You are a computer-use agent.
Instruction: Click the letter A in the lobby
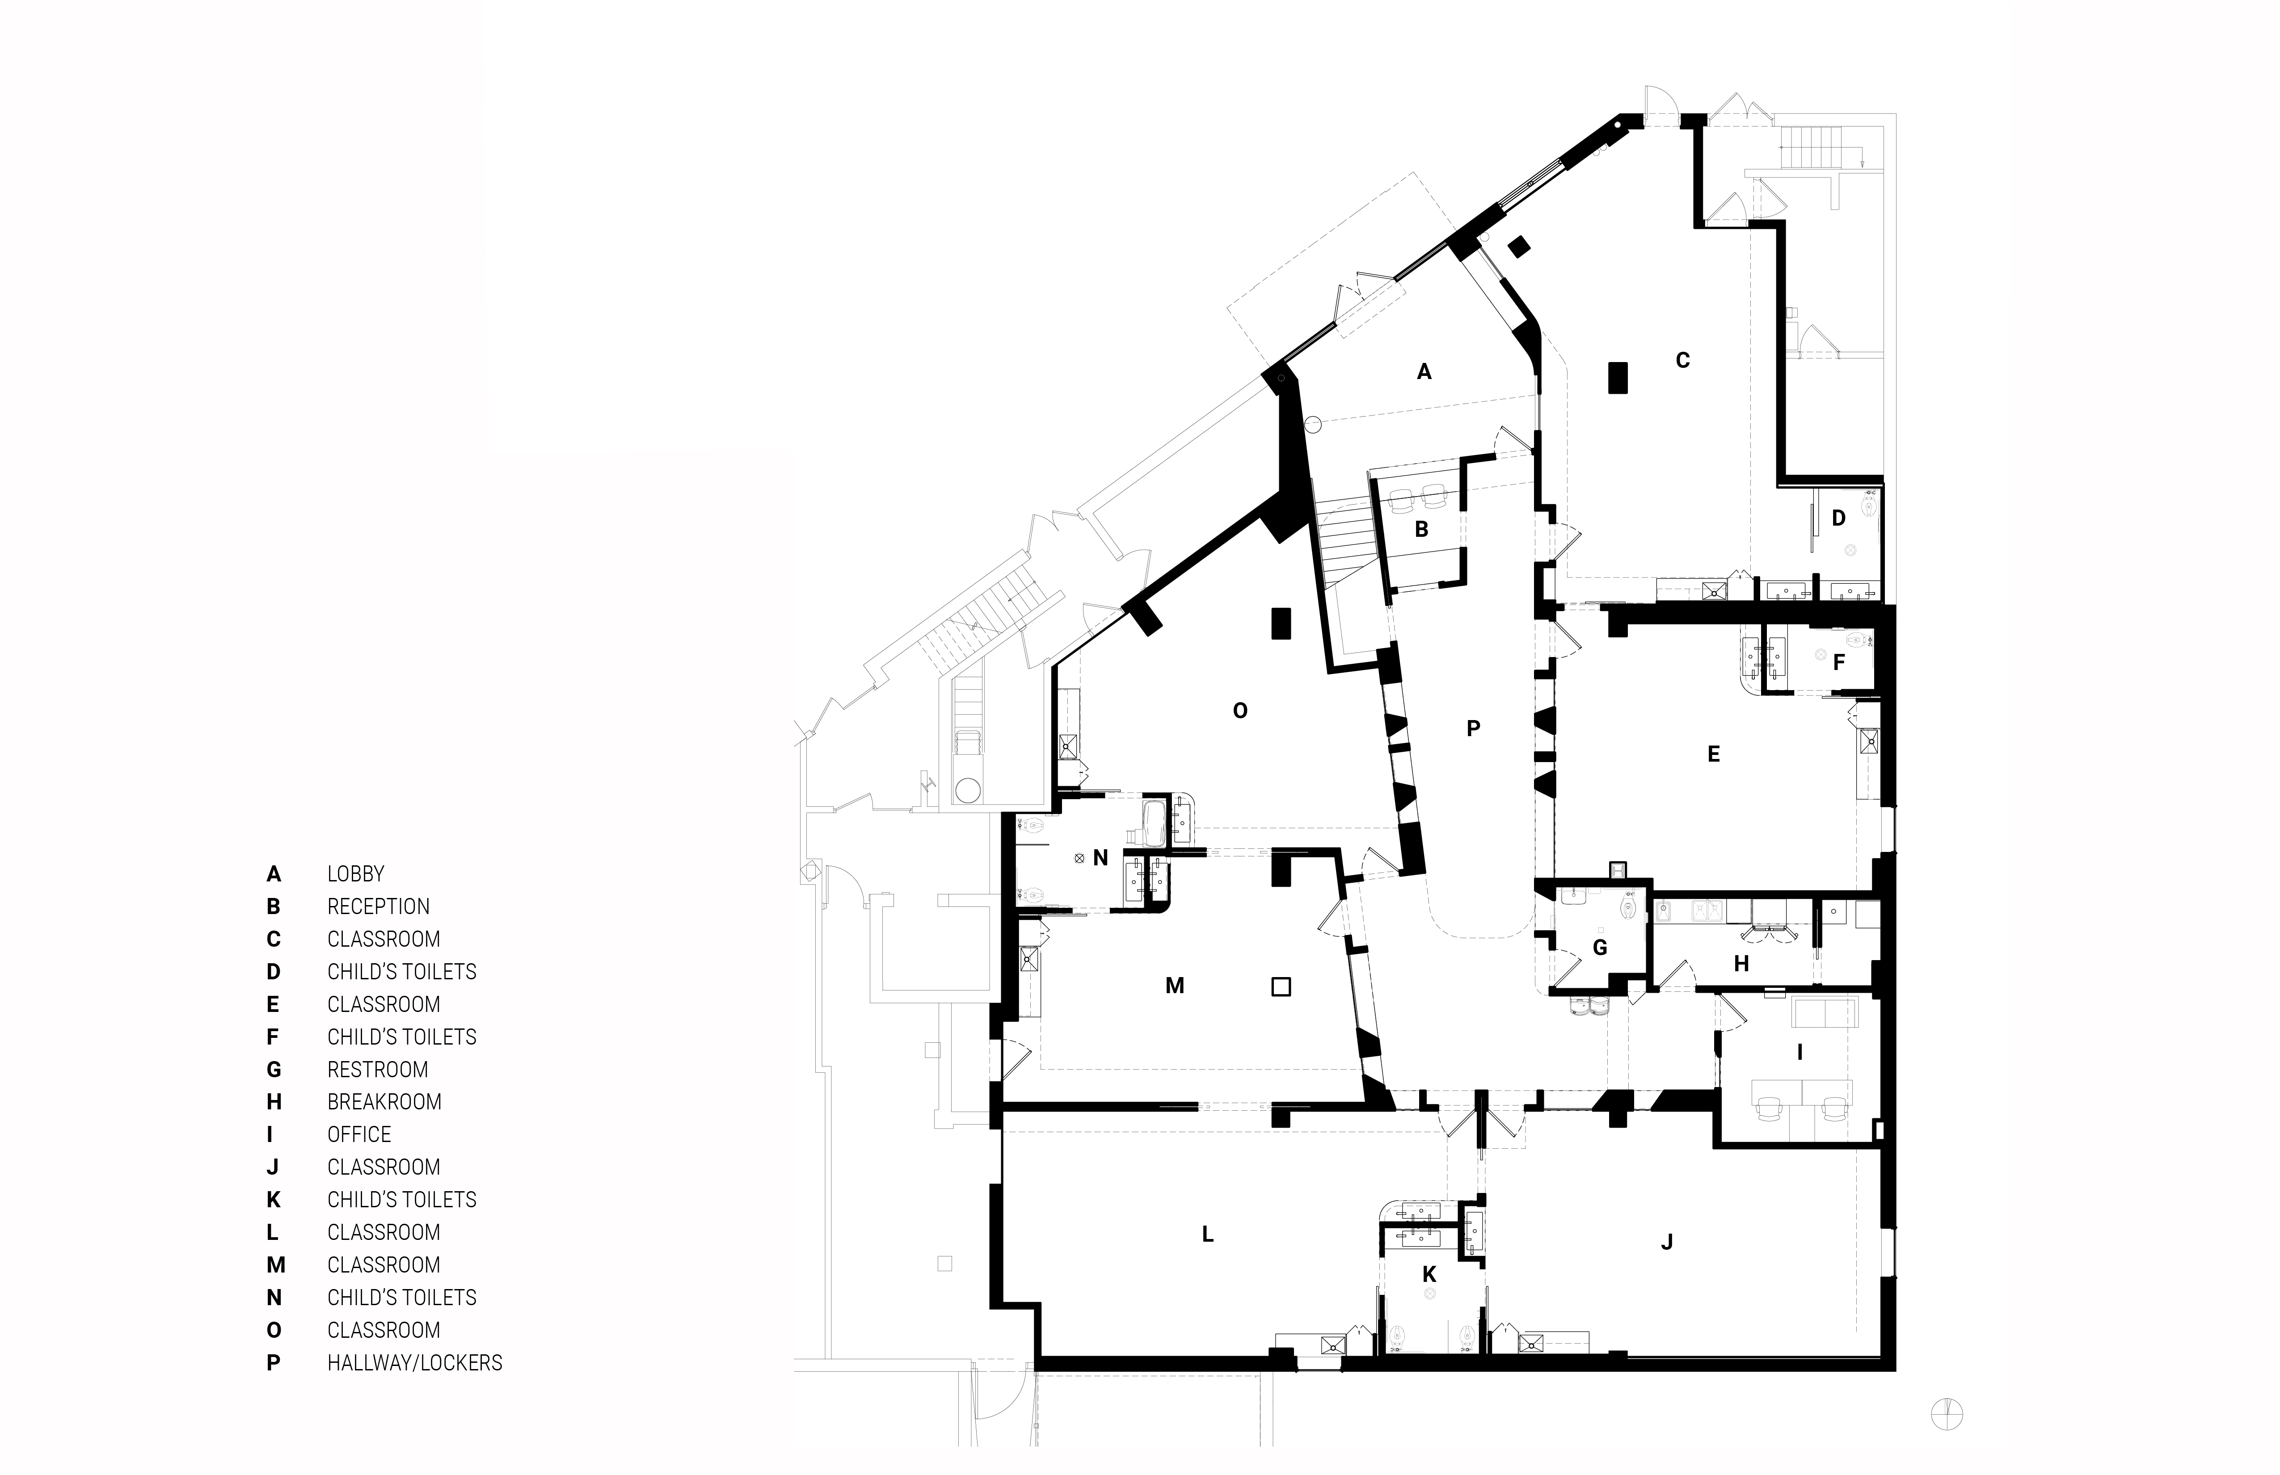coord(1424,371)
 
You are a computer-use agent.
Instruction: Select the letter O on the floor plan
coord(1240,711)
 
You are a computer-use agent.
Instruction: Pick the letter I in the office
coord(1800,1053)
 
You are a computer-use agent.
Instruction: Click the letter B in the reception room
coord(1422,530)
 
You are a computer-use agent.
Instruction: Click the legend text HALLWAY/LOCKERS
coord(415,1363)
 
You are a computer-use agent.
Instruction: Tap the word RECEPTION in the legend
coord(378,907)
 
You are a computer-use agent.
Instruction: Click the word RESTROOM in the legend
coord(377,1070)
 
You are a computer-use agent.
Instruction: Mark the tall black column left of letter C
coord(1617,377)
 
